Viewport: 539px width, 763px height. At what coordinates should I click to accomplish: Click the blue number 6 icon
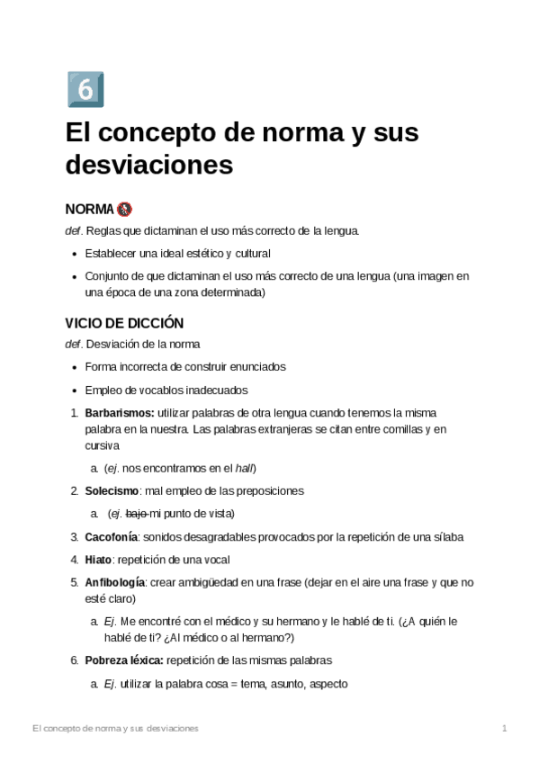pyautogui.click(x=85, y=89)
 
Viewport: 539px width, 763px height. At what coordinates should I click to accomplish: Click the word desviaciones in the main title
pyautogui.click(x=148, y=166)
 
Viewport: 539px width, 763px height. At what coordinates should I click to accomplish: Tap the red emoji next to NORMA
pyautogui.click(x=124, y=209)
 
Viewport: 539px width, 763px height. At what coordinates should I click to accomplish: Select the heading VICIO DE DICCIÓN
pyautogui.click(x=124, y=322)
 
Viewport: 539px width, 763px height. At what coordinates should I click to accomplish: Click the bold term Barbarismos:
pyautogui.click(x=120, y=412)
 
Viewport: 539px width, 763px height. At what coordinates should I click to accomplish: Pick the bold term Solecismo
pyautogui.click(x=112, y=491)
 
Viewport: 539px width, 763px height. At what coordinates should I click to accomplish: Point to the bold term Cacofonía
pyautogui.click(x=112, y=536)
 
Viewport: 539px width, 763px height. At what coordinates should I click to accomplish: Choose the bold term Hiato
pyautogui.click(x=98, y=559)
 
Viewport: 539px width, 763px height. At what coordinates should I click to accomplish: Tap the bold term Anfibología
pyautogui.click(x=115, y=582)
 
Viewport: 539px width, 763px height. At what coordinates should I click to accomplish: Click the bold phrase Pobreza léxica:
pyautogui.click(x=124, y=660)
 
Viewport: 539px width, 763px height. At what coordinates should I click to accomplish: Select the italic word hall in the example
pyautogui.click(x=245, y=468)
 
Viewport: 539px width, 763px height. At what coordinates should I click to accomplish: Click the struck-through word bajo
pyautogui.click(x=136, y=514)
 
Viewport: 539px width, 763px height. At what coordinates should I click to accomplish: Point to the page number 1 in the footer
pyautogui.click(x=505, y=727)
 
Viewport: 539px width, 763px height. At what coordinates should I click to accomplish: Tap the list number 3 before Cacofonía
pyautogui.click(x=74, y=537)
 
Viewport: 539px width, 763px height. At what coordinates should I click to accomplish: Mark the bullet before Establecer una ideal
pyautogui.click(x=74, y=254)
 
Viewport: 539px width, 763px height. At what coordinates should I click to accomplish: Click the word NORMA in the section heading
pyautogui.click(x=89, y=209)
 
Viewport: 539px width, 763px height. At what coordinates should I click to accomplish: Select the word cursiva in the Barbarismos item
pyautogui.click(x=102, y=445)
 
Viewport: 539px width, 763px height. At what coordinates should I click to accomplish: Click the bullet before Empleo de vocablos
pyautogui.click(x=74, y=390)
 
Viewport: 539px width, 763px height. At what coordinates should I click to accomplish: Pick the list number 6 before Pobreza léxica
pyautogui.click(x=74, y=660)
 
